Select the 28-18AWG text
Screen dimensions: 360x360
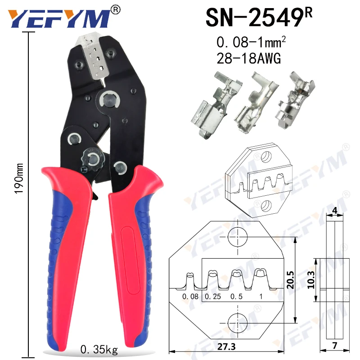click(x=249, y=58)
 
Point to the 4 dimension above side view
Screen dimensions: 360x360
click(x=334, y=210)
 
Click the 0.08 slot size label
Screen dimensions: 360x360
click(x=190, y=297)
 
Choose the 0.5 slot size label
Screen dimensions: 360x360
click(x=235, y=297)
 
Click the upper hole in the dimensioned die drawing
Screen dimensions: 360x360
click(x=238, y=237)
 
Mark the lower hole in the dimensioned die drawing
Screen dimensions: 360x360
click(x=238, y=323)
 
